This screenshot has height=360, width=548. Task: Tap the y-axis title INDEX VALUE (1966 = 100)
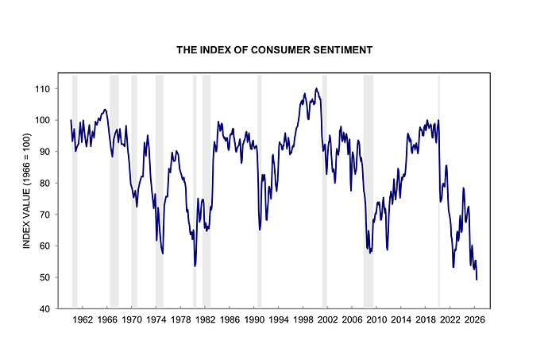(x=27, y=191)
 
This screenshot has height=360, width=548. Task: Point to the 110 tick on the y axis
(x=42, y=89)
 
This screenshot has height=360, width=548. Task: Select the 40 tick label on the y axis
(x=45, y=309)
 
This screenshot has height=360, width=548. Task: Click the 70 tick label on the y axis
(x=45, y=215)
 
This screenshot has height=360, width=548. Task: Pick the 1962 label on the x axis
(x=83, y=319)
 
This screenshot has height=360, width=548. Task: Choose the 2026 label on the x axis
(x=474, y=319)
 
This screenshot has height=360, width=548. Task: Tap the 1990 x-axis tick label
(x=253, y=319)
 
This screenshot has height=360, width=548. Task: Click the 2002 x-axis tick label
(x=327, y=319)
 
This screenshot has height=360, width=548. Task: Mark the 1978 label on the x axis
(x=180, y=319)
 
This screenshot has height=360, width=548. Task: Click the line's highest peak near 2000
(x=316, y=88)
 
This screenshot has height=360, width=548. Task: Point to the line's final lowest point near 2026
(x=477, y=279)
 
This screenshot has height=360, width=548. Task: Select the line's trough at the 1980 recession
(x=195, y=266)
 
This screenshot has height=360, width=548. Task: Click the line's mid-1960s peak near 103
(x=105, y=110)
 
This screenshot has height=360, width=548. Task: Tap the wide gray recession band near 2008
(x=369, y=191)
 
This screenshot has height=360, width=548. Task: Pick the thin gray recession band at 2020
(x=439, y=191)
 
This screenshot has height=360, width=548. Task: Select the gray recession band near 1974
(x=160, y=191)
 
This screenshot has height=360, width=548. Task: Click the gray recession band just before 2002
(x=324, y=191)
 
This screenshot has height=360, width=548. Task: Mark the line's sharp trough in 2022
(x=453, y=267)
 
